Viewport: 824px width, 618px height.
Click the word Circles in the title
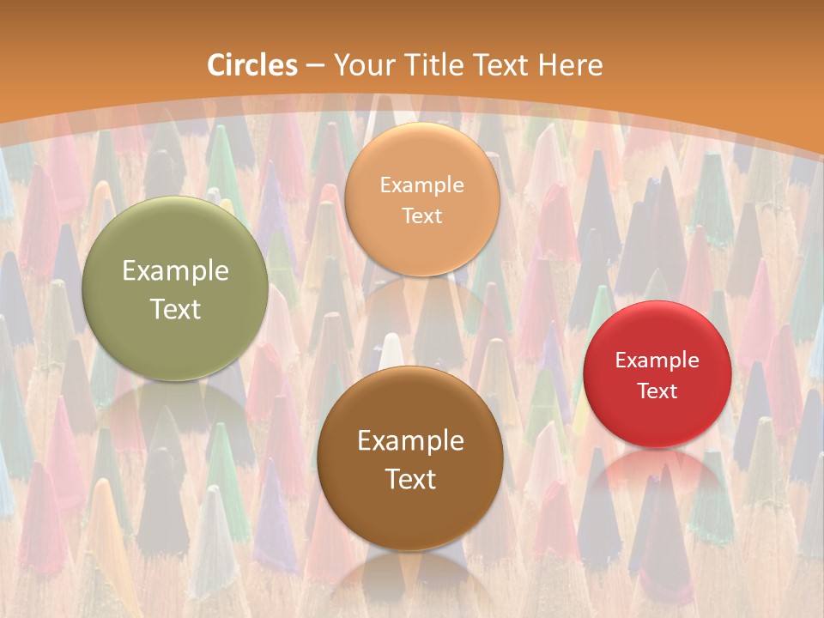click(x=251, y=65)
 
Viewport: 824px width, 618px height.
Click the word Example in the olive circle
click(x=175, y=271)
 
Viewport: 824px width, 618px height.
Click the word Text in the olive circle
click(x=175, y=309)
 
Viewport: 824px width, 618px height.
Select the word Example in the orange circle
click(x=421, y=185)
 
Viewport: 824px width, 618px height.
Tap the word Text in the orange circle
click(x=421, y=216)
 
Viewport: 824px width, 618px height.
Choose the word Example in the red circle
click(x=657, y=360)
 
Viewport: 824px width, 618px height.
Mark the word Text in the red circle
click(x=657, y=391)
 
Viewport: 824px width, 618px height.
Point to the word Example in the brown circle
click(x=410, y=441)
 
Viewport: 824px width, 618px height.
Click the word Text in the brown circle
click(x=410, y=479)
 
